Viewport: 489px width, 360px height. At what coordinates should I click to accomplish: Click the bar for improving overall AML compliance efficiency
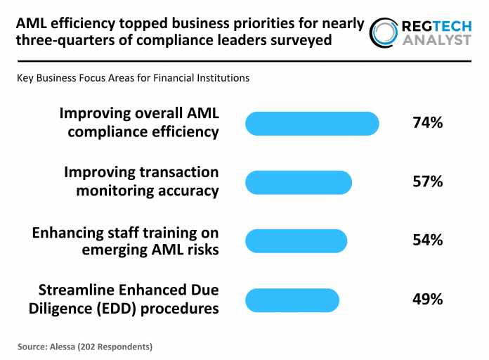pyautogui.click(x=312, y=123)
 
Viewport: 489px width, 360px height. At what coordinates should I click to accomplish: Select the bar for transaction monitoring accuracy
pyautogui.click(x=299, y=182)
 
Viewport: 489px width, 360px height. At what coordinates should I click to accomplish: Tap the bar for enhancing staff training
pyautogui.click(x=296, y=240)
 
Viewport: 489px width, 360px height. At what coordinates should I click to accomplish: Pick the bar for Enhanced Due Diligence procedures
pyautogui.click(x=292, y=300)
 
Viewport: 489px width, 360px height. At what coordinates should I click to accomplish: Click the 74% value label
pyautogui.click(x=427, y=123)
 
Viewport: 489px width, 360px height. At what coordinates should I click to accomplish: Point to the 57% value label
pyautogui.click(x=427, y=182)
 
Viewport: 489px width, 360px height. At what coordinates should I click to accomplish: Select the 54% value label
pyautogui.click(x=427, y=240)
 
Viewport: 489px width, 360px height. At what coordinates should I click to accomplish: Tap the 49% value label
pyautogui.click(x=427, y=299)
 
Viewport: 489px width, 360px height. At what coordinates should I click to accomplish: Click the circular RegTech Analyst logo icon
pyautogui.click(x=384, y=32)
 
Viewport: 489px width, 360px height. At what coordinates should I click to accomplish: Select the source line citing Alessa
pyautogui.click(x=85, y=347)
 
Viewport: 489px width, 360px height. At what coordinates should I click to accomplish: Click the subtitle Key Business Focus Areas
pyautogui.click(x=133, y=78)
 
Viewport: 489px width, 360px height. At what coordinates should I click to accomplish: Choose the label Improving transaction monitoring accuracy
pyautogui.click(x=141, y=181)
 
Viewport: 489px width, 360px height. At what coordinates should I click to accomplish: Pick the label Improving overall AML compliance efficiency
pyautogui.click(x=139, y=122)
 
